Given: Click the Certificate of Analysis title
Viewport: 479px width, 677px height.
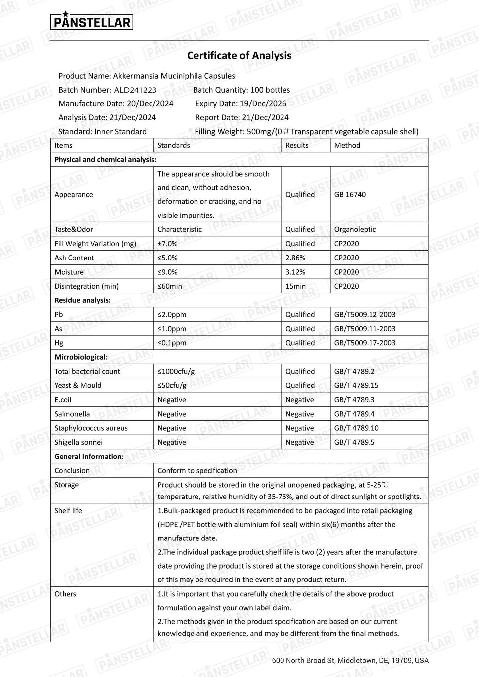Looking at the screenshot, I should click(x=239, y=55).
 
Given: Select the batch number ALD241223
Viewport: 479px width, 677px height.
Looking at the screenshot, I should click(x=135, y=90).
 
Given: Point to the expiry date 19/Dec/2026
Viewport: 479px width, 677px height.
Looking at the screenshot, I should click(x=263, y=104).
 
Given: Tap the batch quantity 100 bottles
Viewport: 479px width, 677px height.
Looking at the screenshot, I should click(x=270, y=90).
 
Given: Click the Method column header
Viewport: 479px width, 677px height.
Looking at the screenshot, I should click(x=347, y=145).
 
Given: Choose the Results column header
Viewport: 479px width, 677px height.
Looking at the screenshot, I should click(x=297, y=145).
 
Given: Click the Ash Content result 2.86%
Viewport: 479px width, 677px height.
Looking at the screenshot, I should click(x=295, y=258).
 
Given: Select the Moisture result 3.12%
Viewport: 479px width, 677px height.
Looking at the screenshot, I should click(x=295, y=272).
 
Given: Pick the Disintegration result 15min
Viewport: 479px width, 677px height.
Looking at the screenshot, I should click(x=295, y=286).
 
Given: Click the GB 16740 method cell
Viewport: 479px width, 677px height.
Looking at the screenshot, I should click(x=350, y=194).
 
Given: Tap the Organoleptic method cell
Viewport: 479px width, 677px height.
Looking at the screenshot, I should click(x=355, y=229).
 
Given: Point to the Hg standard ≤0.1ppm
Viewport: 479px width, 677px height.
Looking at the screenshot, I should click(x=172, y=343).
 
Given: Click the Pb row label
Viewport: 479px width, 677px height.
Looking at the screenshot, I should click(x=59, y=314).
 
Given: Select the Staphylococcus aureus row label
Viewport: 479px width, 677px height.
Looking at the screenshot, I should click(x=91, y=428).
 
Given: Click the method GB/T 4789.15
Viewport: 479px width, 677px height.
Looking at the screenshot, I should click(x=356, y=385).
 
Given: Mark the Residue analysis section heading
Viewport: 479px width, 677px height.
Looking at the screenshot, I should click(x=82, y=300).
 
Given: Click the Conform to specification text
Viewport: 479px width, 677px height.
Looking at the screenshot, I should click(x=197, y=470).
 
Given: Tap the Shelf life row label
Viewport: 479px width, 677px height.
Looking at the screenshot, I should click(x=68, y=510).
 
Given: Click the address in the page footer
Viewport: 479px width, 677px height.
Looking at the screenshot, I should click(x=350, y=660).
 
